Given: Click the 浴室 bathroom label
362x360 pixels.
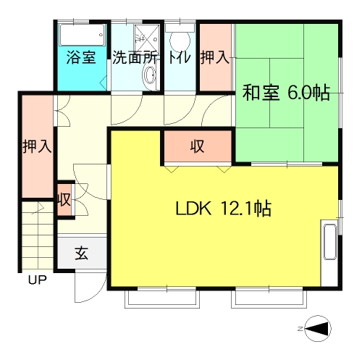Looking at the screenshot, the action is [x=81, y=58].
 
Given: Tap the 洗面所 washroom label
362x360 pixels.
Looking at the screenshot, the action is [x=135, y=58].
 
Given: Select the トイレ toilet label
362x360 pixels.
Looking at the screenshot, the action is [x=179, y=58].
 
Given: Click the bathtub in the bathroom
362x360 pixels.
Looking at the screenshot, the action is [x=82, y=35].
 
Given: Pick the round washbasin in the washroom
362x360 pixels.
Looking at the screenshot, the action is [x=150, y=75].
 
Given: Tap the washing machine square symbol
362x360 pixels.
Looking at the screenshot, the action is [x=147, y=36].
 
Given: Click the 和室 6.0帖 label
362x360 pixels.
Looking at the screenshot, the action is [x=286, y=93].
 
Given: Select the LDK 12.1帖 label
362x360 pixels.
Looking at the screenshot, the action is [x=224, y=208].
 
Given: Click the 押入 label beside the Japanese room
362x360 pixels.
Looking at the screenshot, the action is [x=214, y=58].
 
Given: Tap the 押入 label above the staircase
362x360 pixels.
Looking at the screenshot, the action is [x=37, y=146].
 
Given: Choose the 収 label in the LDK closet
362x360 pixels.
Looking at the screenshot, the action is [x=197, y=146].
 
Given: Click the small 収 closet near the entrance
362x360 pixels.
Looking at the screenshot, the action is [x=64, y=200].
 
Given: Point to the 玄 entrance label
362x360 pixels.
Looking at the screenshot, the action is [x=82, y=254].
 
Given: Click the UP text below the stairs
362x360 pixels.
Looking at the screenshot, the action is [x=37, y=280].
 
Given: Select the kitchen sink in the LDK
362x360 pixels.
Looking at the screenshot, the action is [x=330, y=242].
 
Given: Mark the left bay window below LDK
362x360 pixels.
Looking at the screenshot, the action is [x=162, y=299].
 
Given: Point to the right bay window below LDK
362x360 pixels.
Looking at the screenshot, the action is [x=269, y=299].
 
